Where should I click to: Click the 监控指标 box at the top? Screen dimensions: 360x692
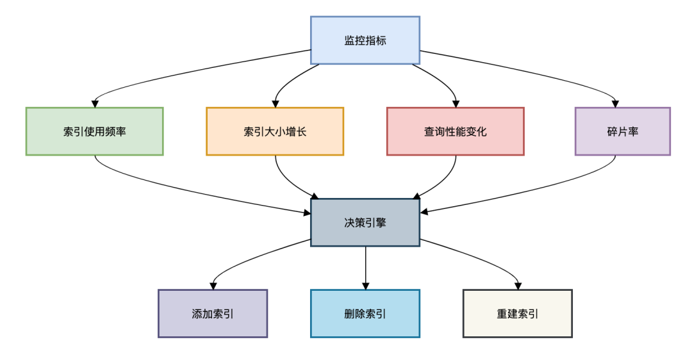point(365,40)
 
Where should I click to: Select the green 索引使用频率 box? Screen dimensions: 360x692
point(95,131)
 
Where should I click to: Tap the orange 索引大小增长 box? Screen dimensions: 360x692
point(275,131)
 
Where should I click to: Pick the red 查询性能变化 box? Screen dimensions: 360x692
point(456,131)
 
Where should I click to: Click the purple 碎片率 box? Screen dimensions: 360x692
point(622,131)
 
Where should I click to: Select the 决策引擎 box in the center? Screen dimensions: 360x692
point(365,222)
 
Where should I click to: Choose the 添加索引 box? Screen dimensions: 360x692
point(213,313)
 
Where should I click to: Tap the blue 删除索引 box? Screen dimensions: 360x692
point(365,313)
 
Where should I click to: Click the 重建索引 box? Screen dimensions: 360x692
point(518,313)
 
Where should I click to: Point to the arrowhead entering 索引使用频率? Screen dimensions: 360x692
point(95,103)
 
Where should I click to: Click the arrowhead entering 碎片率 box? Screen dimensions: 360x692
point(616,103)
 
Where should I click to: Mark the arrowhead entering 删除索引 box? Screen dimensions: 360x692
point(365,285)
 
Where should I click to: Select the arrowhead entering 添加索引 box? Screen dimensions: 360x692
point(213,285)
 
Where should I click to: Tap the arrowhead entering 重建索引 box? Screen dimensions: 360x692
point(518,285)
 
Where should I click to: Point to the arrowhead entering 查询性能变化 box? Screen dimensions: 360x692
point(456,103)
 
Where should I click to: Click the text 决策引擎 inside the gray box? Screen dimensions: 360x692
point(365,222)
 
